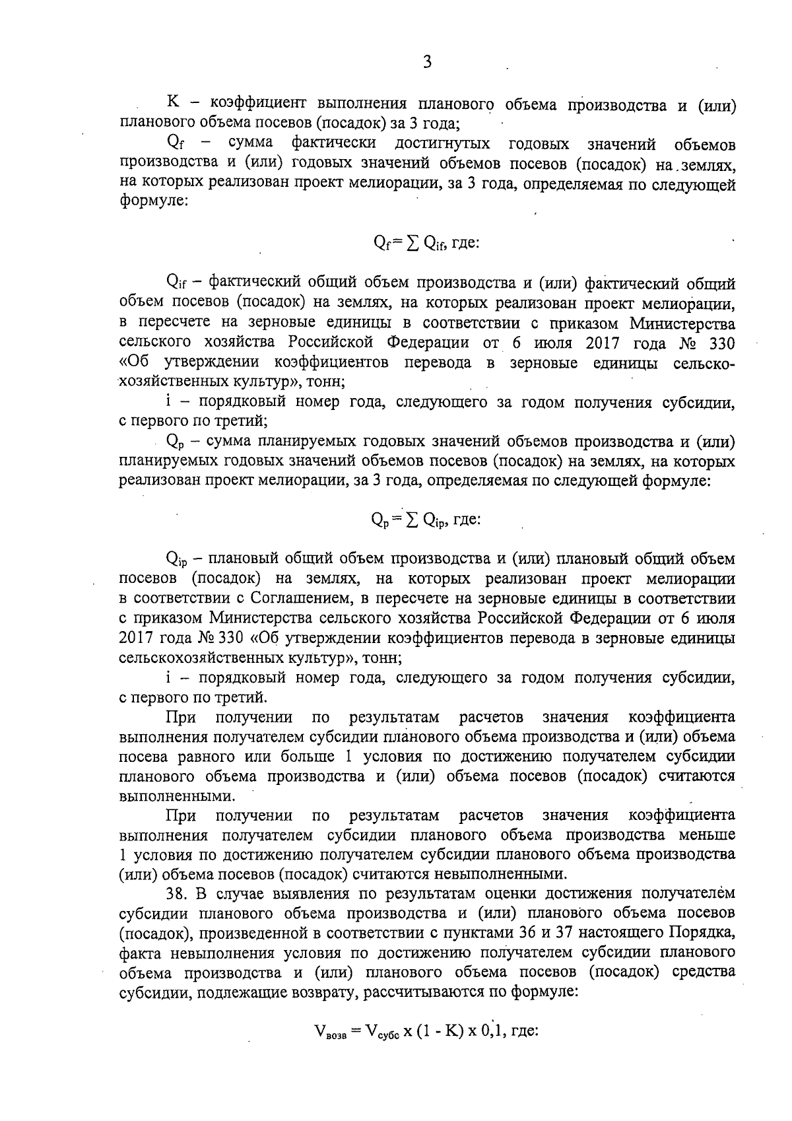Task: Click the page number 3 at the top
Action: coord(427,63)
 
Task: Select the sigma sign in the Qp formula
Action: coord(410,520)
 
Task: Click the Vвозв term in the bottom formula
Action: coord(329,1031)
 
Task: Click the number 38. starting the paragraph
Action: coord(180,894)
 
